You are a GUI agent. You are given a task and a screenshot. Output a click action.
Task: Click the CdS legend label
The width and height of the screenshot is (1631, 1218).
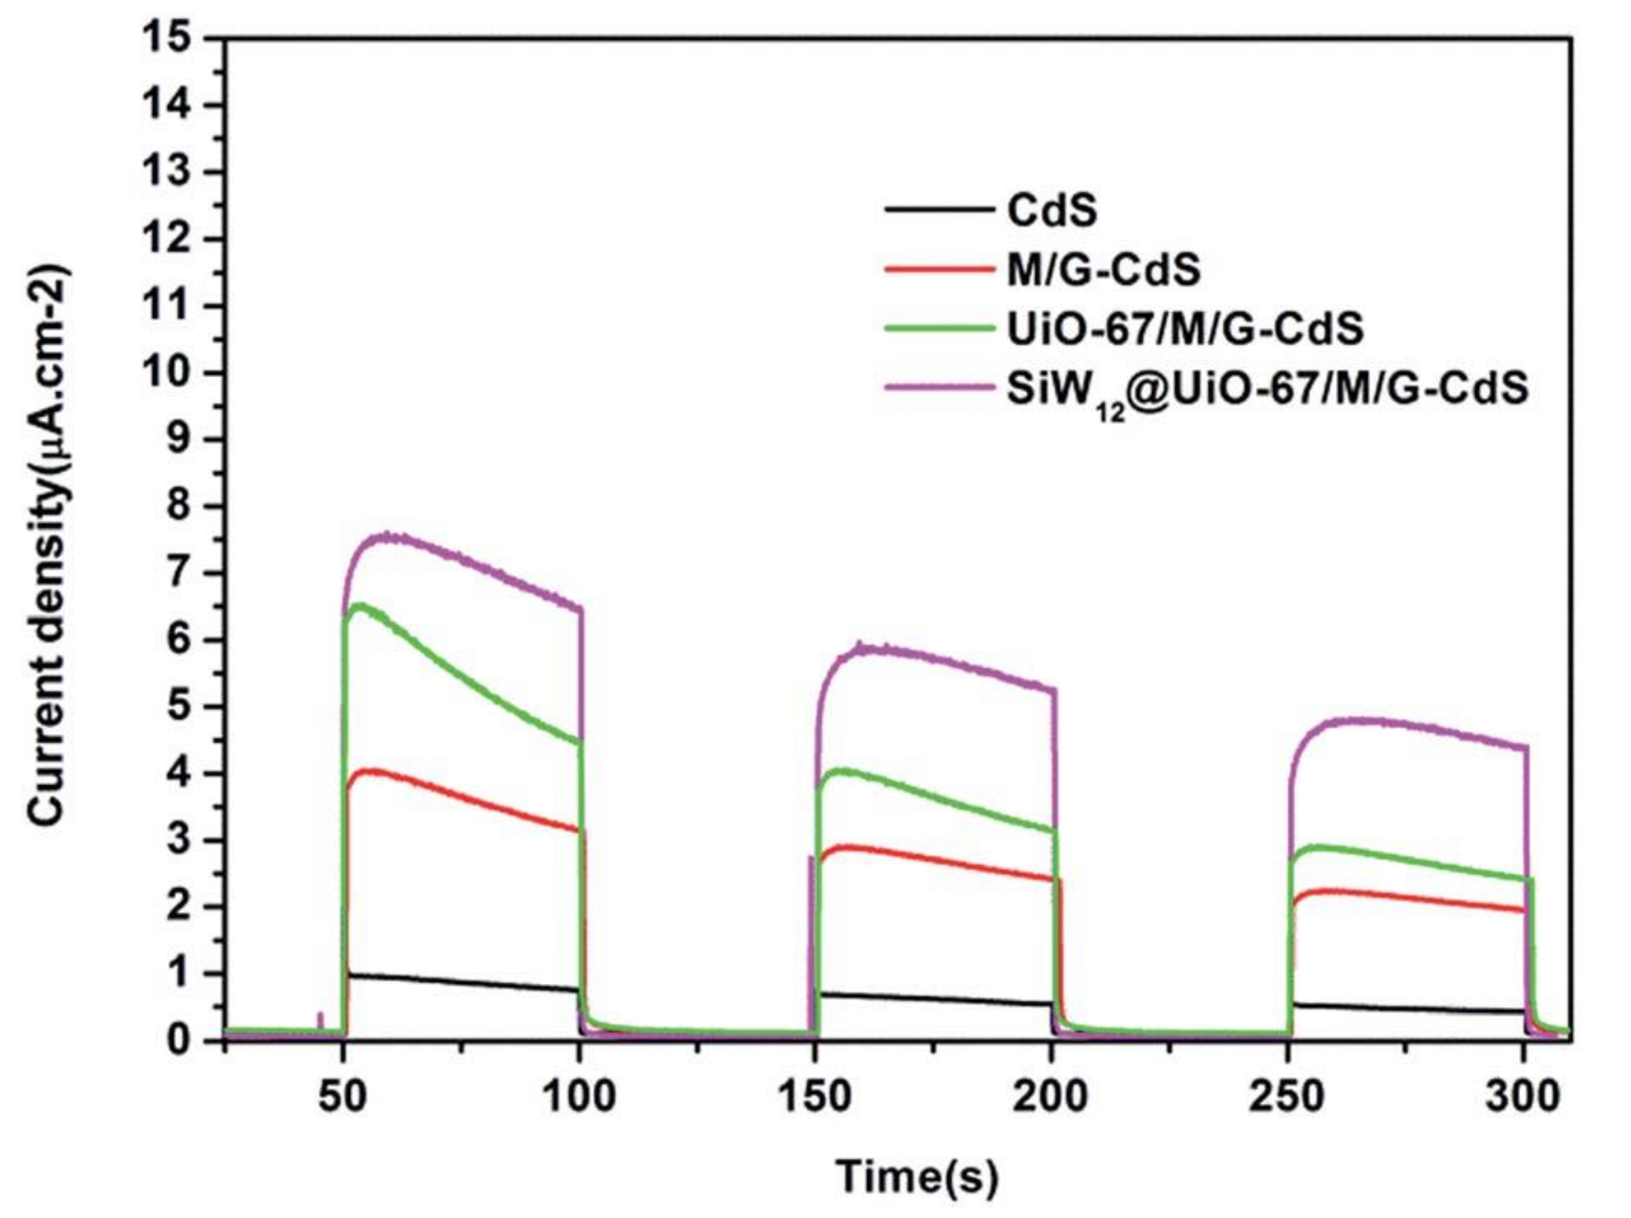(1052, 212)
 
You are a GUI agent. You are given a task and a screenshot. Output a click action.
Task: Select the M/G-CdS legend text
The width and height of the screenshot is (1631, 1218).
(1104, 270)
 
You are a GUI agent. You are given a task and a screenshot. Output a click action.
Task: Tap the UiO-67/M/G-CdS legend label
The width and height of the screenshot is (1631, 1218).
(1185, 329)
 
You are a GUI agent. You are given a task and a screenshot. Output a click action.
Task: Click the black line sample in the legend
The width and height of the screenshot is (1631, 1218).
(938, 210)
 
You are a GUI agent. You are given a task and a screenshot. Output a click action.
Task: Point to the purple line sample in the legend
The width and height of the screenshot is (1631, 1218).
(938, 388)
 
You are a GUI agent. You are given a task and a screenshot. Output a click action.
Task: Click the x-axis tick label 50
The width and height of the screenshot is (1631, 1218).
(343, 1097)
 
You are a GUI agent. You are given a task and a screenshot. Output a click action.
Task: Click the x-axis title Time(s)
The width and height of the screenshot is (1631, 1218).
(917, 1175)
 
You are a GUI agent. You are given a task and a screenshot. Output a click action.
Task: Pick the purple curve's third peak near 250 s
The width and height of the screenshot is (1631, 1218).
(1355, 720)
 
